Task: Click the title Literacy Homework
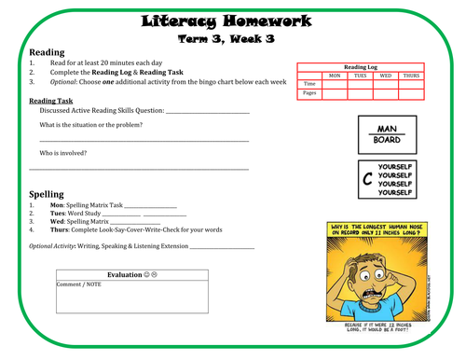pos(233,21)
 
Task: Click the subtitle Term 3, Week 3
pos(233,38)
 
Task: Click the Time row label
pos(309,84)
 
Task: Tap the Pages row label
pos(309,93)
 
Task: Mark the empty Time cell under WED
pos(384,84)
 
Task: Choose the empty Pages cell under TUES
pos(358,93)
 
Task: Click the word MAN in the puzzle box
pos(387,129)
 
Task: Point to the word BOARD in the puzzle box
pos(387,142)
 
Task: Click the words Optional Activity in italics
pos(51,246)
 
